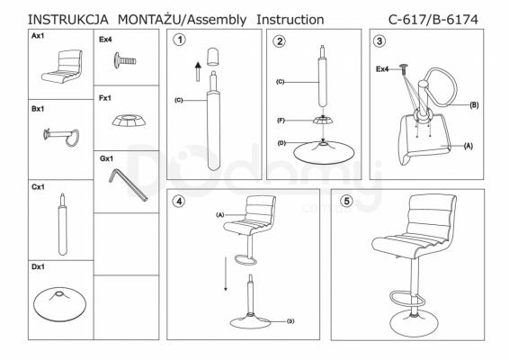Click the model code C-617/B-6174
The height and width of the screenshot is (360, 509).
click(x=433, y=20)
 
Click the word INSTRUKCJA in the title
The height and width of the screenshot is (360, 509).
click(x=68, y=20)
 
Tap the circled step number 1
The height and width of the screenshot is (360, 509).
click(x=180, y=40)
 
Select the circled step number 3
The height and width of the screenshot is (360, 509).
click(x=380, y=40)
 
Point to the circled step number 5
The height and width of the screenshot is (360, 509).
click(x=346, y=201)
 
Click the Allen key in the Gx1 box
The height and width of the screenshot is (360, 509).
click(x=128, y=184)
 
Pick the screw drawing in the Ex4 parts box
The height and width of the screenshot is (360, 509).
click(x=125, y=60)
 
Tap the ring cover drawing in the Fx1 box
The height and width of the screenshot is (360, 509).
click(x=129, y=121)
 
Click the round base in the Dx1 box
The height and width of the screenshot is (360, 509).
click(x=59, y=303)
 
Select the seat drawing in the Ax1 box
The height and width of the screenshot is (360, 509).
click(x=62, y=67)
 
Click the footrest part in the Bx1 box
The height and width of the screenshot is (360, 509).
click(x=61, y=137)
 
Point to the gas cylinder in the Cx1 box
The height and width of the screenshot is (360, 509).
click(x=63, y=224)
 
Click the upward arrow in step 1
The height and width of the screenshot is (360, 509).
click(x=198, y=72)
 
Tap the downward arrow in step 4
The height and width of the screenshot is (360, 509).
click(x=226, y=274)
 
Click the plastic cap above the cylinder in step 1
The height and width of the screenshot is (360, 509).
click(x=213, y=58)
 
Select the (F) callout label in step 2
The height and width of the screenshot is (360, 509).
click(x=281, y=121)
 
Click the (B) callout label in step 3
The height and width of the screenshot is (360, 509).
click(x=474, y=105)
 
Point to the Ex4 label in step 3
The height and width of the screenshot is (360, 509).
click(x=382, y=69)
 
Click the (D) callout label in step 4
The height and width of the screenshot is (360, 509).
click(x=290, y=321)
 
